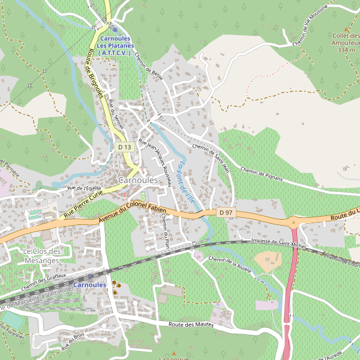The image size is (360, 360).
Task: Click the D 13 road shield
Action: point(124,147)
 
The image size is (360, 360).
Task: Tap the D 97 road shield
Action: point(225,212)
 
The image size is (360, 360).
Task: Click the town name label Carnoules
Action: point(138,180)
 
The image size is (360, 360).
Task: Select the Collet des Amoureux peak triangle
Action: point(346,29)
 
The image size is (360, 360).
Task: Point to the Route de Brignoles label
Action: point(97,74)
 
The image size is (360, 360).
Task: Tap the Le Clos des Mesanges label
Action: point(43,256)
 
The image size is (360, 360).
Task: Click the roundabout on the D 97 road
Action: point(294,222)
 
